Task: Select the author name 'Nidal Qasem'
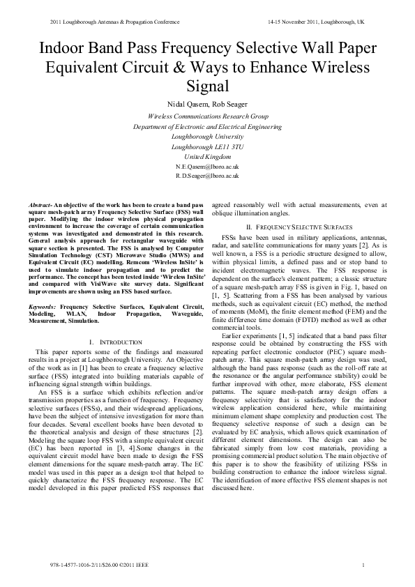[186, 104]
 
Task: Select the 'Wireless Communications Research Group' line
[207, 116]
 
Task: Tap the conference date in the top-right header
[315, 22]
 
